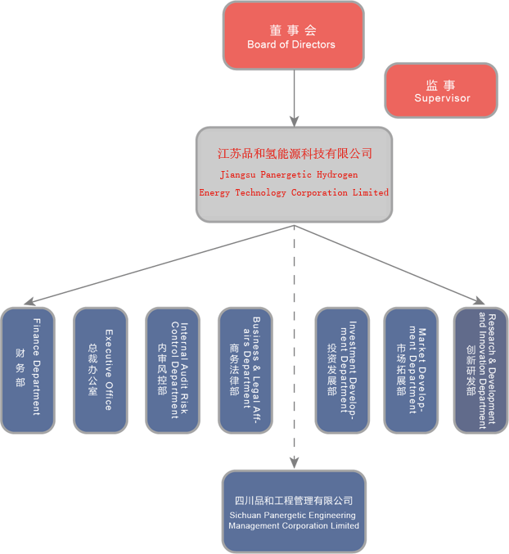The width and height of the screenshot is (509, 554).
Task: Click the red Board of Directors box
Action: coord(293,35)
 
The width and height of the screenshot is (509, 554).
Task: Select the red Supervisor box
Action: coord(441,90)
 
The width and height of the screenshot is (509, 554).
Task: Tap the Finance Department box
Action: coord(27,370)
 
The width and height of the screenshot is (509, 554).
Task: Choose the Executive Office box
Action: coord(100,370)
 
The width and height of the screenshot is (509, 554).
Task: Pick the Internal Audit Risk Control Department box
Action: coord(173,370)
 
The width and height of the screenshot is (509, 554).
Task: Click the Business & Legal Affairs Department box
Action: coord(245,370)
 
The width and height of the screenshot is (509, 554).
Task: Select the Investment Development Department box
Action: coord(342,370)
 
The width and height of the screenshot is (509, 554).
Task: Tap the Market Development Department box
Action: coord(411,370)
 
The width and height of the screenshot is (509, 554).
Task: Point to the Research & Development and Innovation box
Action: coord(480,370)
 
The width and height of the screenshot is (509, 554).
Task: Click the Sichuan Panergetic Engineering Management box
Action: coord(294,511)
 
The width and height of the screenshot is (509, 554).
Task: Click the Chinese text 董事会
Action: coord(292,30)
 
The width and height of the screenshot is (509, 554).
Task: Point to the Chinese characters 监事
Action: coord(440,84)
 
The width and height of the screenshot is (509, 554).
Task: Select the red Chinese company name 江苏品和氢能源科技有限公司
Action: coord(295,153)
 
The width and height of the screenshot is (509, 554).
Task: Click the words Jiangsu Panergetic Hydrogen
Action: coord(289,174)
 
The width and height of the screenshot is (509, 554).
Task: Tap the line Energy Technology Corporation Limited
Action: coord(294,192)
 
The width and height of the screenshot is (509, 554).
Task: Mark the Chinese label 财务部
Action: coord(20,370)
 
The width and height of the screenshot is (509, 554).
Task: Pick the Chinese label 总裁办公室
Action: coord(93,370)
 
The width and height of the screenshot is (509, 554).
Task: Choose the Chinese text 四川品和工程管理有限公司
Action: coord(294,501)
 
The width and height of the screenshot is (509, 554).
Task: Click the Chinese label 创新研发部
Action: coord(471,370)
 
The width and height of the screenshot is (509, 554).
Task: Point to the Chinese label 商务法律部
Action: coord(235,370)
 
